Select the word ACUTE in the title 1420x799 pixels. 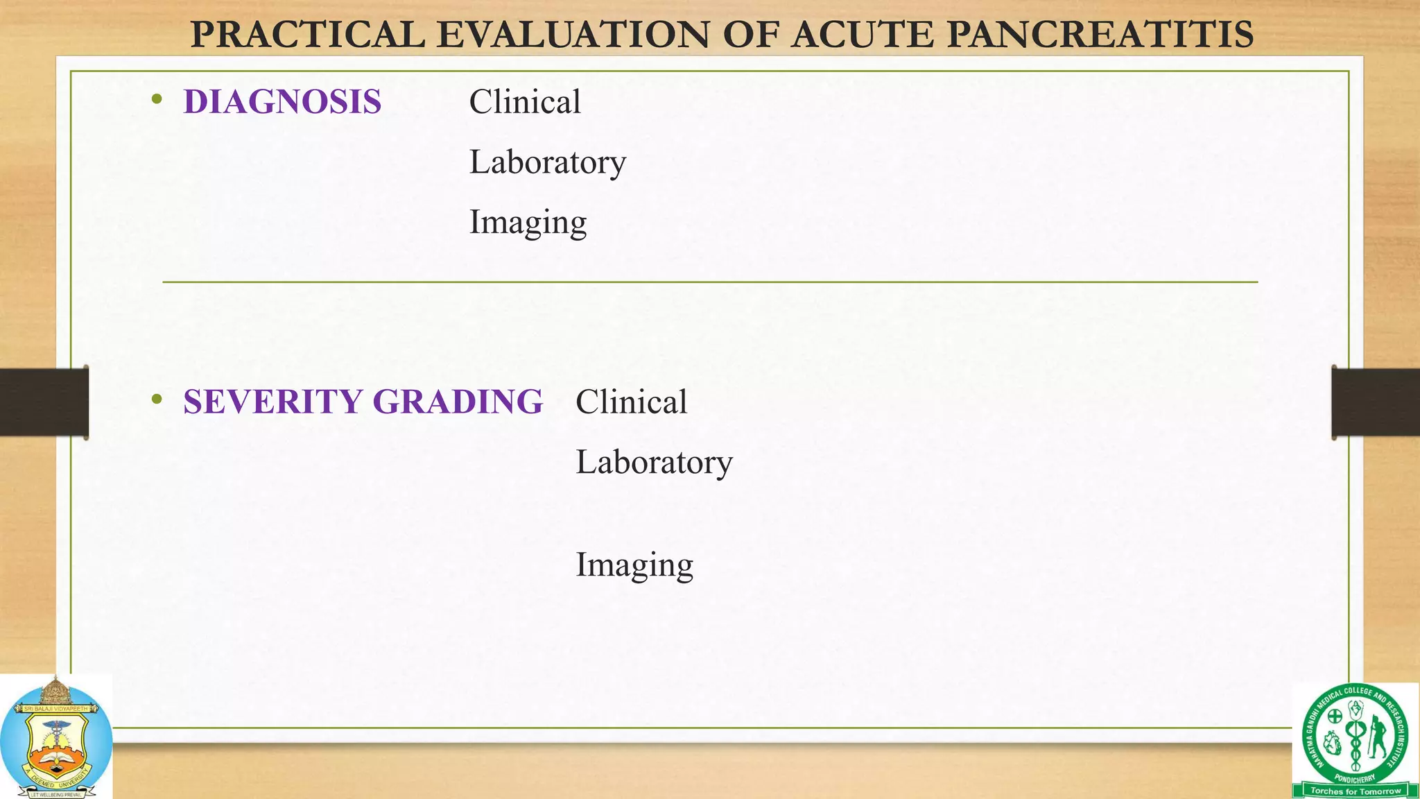click(863, 35)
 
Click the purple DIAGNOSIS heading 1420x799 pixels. click(282, 102)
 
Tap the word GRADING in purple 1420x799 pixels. click(458, 402)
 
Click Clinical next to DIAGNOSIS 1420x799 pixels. click(525, 102)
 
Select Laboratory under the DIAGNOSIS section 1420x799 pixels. click(547, 162)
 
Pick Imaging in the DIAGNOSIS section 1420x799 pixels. click(528, 223)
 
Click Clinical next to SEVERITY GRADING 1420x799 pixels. click(631, 402)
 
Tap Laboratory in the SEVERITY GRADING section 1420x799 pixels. click(654, 462)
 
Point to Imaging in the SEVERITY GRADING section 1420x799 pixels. click(634, 565)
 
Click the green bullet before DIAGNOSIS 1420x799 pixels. click(157, 100)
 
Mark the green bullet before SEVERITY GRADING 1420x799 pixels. click(157, 399)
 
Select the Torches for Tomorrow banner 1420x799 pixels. click(1356, 791)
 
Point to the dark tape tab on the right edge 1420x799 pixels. click(1376, 402)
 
